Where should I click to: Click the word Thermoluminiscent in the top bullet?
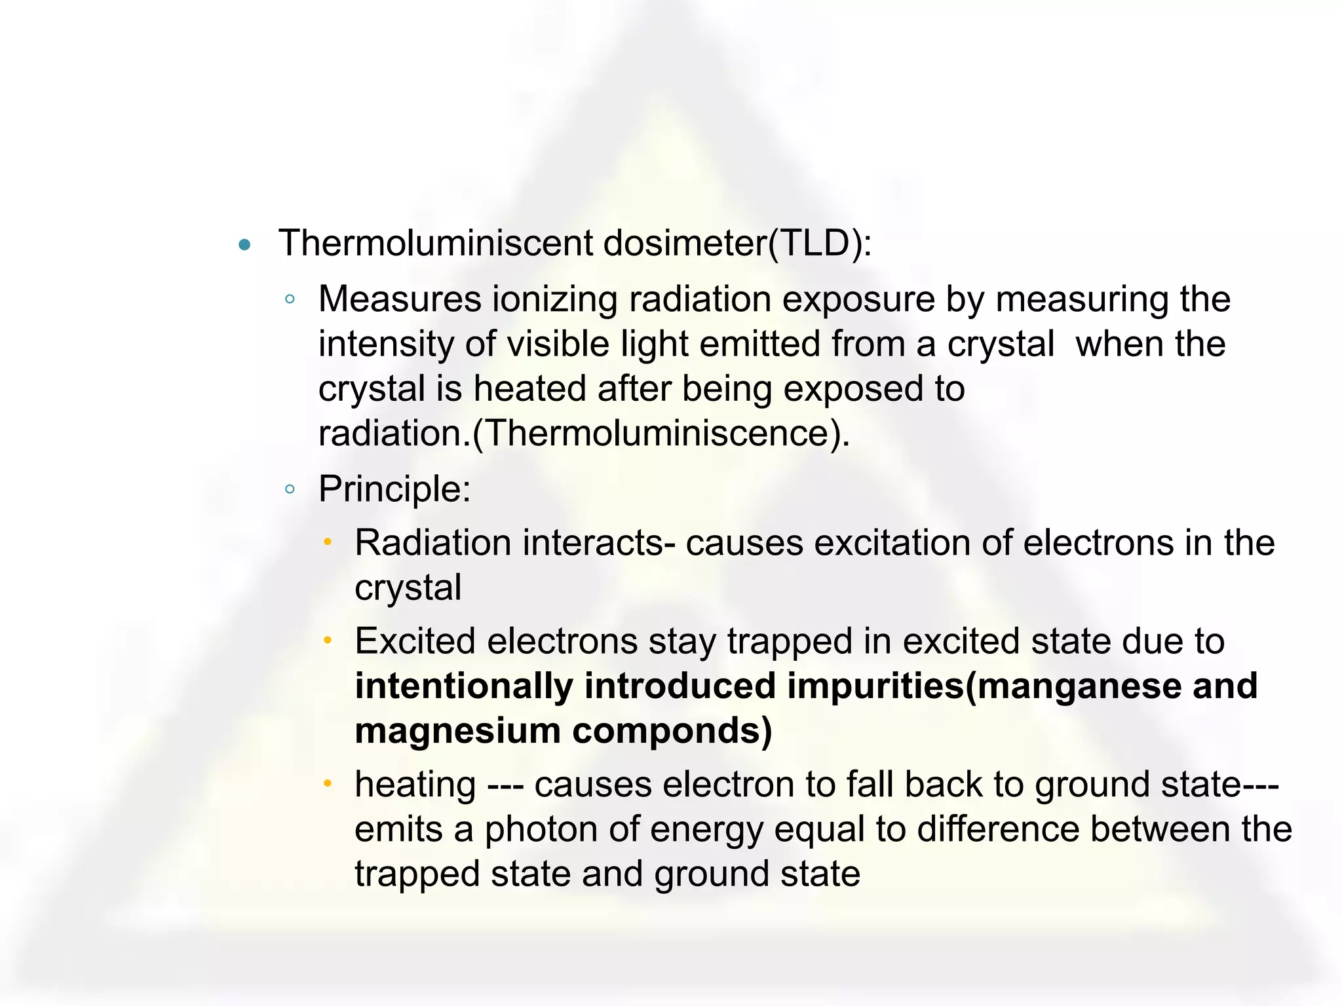[436, 243]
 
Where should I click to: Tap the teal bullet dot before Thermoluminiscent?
[245, 246]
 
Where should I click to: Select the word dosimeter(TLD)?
[738, 243]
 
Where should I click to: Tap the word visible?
[558, 344]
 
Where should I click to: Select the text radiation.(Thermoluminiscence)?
[584, 433]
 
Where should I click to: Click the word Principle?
[394, 489]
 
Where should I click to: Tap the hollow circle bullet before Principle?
[290, 489]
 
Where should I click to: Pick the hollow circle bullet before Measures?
[290, 300]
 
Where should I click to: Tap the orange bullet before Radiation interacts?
[328, 542]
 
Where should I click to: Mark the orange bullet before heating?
[328, 783]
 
